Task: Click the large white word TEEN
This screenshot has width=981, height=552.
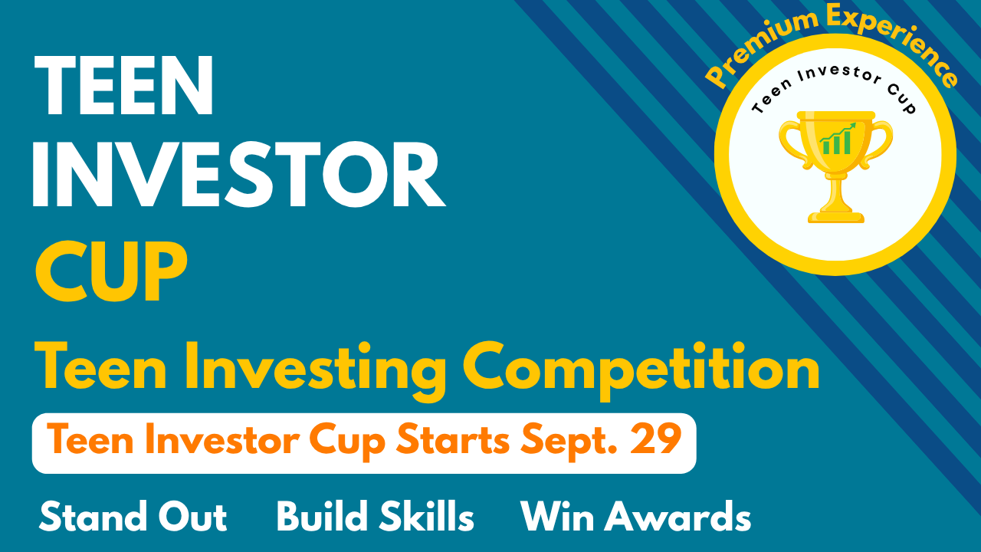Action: [x=123, y=85]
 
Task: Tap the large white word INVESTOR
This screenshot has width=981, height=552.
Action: [x=239, y=174]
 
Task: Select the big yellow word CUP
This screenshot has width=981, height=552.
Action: [x=111, y=271]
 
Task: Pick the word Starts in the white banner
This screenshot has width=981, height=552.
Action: [x=452, y=439]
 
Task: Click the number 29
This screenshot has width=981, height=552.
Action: [x=655, y=439]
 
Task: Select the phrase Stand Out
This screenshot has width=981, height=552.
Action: [x=133, y=516]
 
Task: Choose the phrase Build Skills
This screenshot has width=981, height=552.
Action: [x=376, y=516]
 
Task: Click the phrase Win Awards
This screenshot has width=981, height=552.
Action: [x=636, y=516]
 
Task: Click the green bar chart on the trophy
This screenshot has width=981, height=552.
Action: [x=838, y=139]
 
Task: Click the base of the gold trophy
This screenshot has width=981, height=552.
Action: [x=836, y=217]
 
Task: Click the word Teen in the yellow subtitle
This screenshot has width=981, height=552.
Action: [x=100, y=367]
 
